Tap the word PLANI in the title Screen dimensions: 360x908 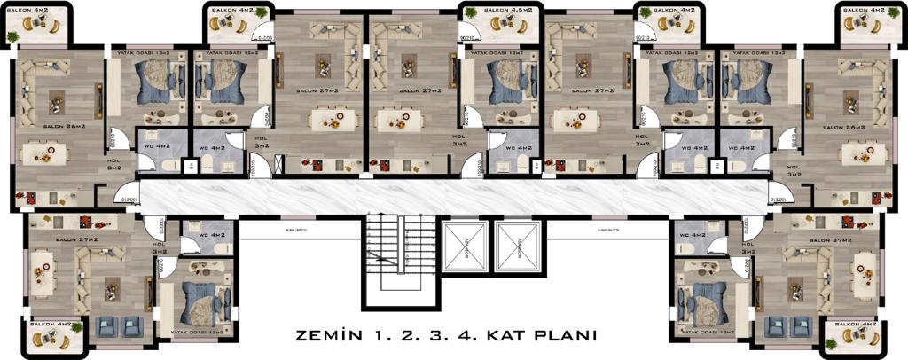pyautogui.click(x=560, y=337)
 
